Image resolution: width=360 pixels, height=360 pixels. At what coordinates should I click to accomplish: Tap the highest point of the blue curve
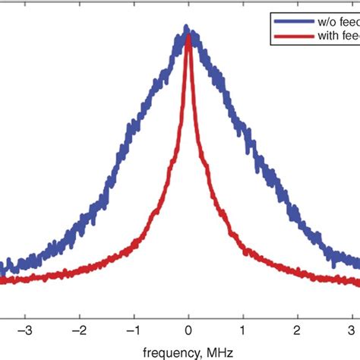188,28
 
